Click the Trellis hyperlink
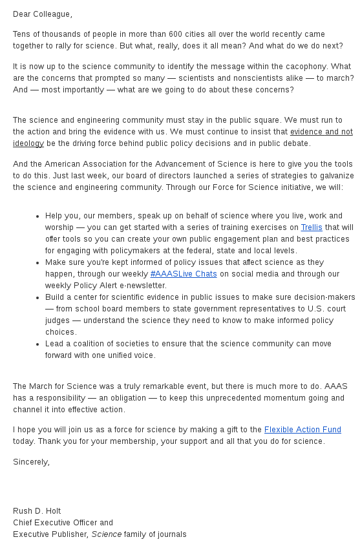pos(312,227)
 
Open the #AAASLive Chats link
pos(184,274)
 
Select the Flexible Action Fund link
pos(302,430)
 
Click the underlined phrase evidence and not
pos(321,132)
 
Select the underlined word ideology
pos(28,143)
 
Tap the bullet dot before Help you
pos(38,216)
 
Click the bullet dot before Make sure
pos(38,262)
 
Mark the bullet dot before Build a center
pos(38,297)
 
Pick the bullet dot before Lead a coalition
pos(38,344)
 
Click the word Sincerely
pos(31,462)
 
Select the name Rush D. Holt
pos(37,511)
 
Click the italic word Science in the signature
pos(104,534)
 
